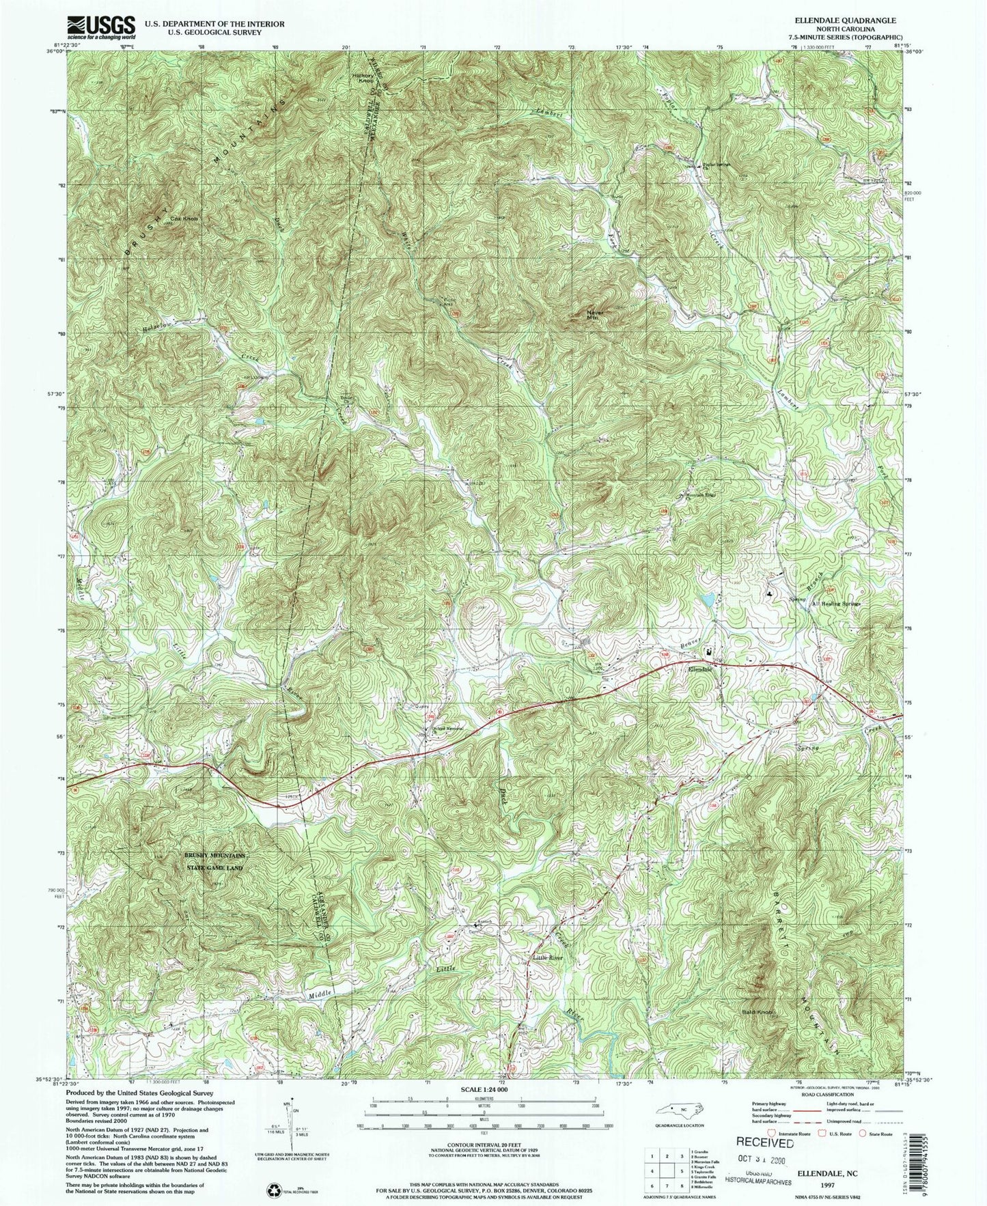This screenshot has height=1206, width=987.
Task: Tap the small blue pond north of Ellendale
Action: (x=708, y=600)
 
